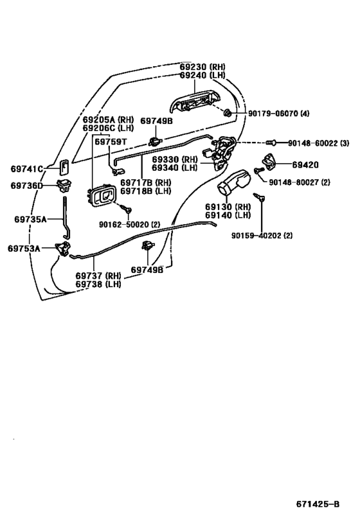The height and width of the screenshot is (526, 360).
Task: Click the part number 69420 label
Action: coord(305,164)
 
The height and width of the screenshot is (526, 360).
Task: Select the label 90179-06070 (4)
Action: coord(279,114)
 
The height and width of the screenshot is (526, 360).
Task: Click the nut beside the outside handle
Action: coord(227,114)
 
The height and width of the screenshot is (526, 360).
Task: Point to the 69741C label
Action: coord(27,169)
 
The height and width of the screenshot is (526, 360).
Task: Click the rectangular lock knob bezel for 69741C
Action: coord(65,167)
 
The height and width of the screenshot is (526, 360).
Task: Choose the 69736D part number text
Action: coord(27,186)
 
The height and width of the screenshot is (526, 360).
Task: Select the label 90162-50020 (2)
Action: coord(129,224)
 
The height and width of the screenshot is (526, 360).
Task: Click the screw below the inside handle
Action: coord(127,209)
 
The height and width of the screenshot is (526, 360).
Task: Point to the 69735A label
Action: coord(30,220)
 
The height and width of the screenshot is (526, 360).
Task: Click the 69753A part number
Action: coord(24,249)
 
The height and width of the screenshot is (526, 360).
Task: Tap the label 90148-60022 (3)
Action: coord(318,143)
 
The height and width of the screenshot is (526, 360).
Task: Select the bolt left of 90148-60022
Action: coord(271,143)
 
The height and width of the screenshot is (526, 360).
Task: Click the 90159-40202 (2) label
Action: coord(262,236)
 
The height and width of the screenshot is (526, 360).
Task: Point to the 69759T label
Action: coord(111,141)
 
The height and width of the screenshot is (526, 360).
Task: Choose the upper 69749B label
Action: coord(156,121)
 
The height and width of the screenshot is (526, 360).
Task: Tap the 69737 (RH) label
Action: coord(98,276)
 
